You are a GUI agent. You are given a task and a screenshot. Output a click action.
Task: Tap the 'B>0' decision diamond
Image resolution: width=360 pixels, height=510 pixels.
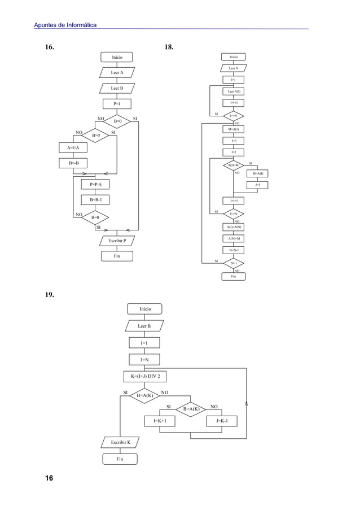(x=95, y=136)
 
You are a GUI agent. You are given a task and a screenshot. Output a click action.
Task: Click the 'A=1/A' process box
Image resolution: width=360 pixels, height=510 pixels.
(x=73, y=149)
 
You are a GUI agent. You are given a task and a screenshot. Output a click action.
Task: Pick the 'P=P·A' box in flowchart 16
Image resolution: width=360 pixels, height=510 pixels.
(x=95, y=185)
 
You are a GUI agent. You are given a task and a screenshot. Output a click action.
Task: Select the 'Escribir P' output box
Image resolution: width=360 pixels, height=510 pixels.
(x=117, y=241)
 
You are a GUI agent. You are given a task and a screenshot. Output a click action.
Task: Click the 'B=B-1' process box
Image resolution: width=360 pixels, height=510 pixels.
(x=95, y=200)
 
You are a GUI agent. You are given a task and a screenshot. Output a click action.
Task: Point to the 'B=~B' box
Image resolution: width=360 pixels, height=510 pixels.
(x=73, y=164)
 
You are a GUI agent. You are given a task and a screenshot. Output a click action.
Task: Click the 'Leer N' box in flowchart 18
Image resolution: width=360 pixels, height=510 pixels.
(x=233, y=69)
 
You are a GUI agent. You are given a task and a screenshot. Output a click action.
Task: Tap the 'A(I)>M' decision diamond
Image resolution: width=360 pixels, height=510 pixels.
(x=233, y=165)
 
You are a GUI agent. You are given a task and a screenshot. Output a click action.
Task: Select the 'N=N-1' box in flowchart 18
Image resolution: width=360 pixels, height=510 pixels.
(x=233, y=250)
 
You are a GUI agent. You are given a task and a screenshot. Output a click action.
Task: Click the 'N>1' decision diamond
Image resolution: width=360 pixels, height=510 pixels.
(x=233, y=263)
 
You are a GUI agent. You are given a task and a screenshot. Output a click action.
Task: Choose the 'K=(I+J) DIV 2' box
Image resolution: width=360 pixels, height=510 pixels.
(x=144, y=377)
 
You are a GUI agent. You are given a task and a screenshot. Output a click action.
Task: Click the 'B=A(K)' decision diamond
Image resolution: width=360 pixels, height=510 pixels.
(x=144, y=396)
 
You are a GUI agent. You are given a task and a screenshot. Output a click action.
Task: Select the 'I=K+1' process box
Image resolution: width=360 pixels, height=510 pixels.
(x=160, y=421)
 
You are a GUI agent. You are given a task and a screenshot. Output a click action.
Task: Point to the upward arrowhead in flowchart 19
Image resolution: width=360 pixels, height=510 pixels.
(x=247, y=403)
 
